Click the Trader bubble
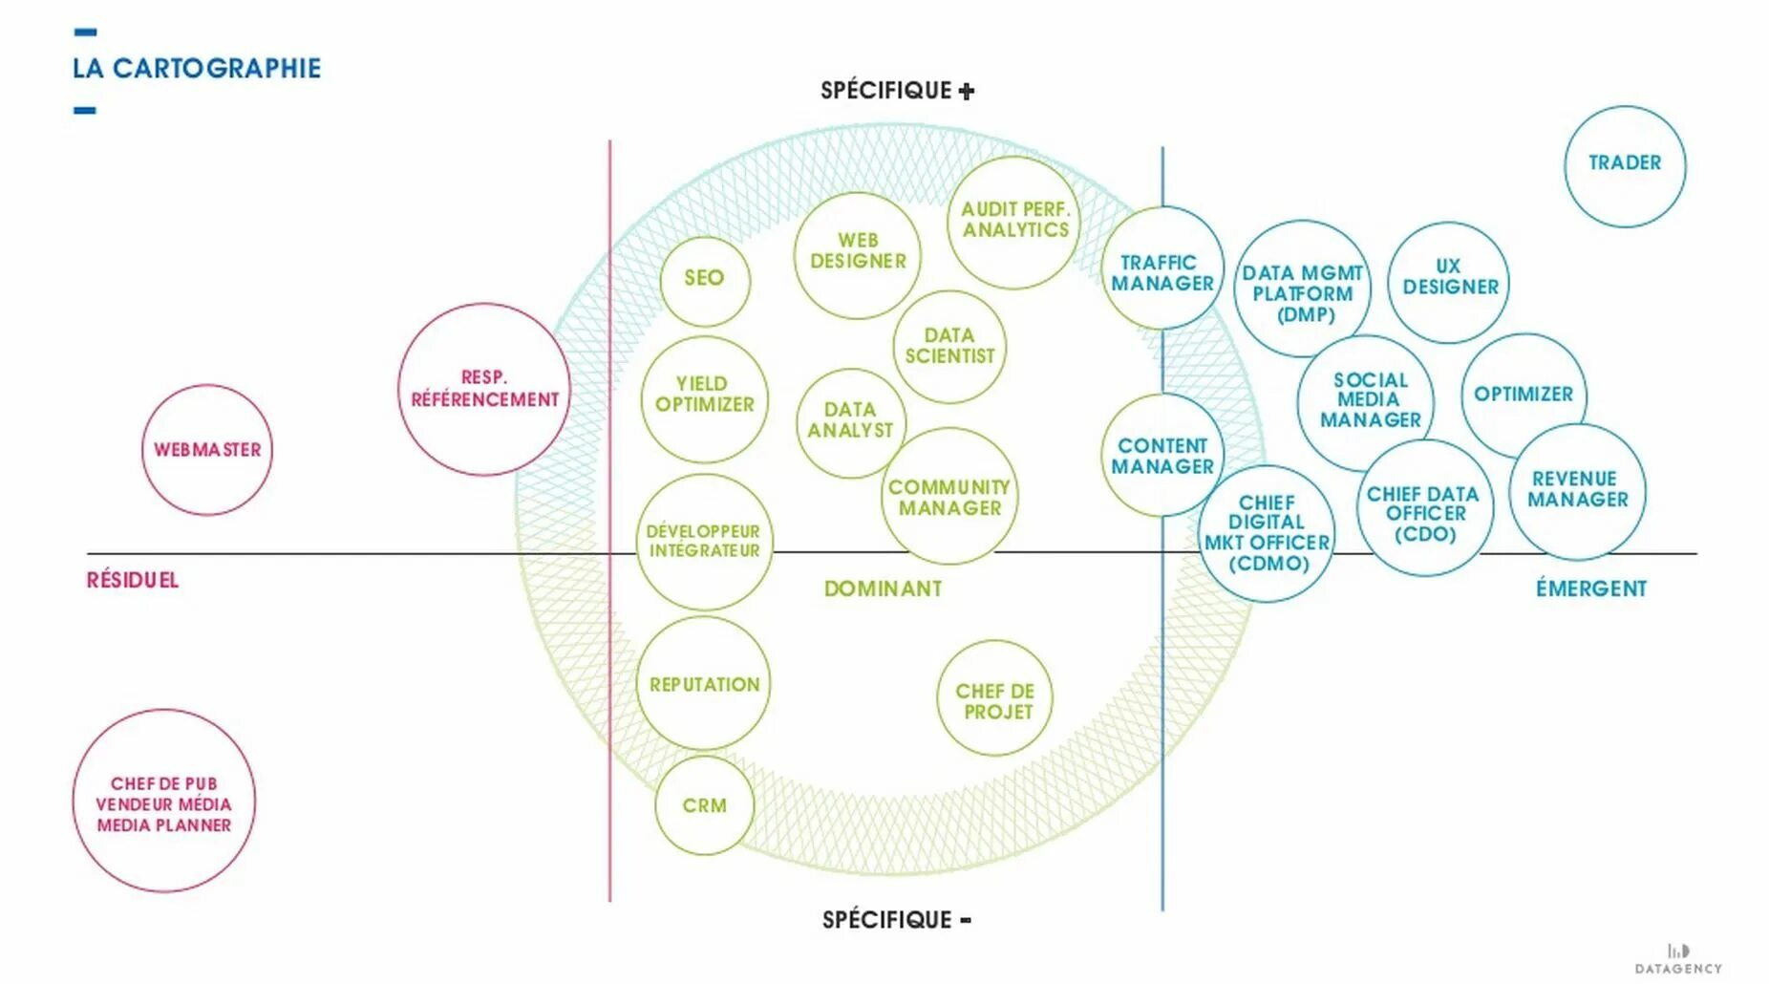click(1624, 164)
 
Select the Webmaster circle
click(207, 450)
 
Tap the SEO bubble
click(704, 279)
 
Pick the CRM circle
click(704, 805)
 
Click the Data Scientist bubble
click(949, 346)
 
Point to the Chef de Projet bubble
click(994, 700)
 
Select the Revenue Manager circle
click(1577, 489)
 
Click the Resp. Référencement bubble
click(484, 389)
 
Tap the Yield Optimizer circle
click(704, 396)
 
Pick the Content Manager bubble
click(1162, 457)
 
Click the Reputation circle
click(704, 684)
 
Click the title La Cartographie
click(197, 69)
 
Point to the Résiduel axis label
click(133, 581)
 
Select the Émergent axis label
click(1590, 589)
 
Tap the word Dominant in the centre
click(883, 589)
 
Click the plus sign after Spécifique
click(967, 92)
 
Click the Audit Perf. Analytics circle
click(1014, 221)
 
